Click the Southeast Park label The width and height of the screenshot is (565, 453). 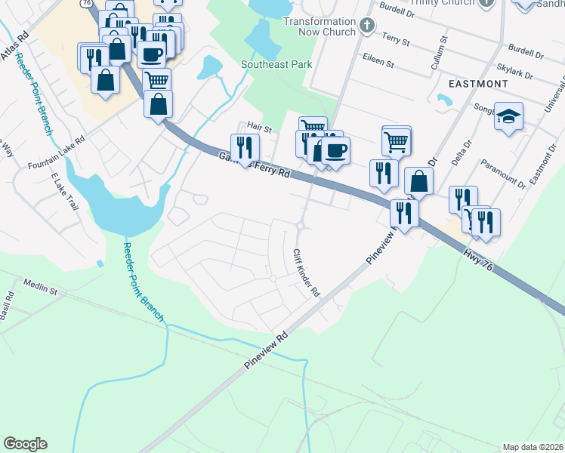pyautogui.click(x=276, y=65)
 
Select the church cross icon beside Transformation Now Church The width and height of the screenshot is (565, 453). pyautogui.click(x=367, y=26)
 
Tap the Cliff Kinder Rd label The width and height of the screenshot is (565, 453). pyautogui.click(x=307, y=273)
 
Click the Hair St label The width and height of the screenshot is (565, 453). pyautogui.click(x=259, y=126)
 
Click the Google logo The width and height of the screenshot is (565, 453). pyautogui.click(x=25, y=443)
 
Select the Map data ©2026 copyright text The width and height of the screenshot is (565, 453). pyautogui.click(x=533, y=447)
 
